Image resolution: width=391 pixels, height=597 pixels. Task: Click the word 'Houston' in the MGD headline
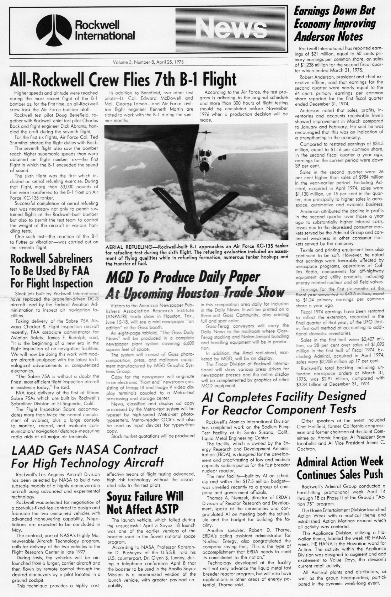pyautogui.click(x=208, y=292)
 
